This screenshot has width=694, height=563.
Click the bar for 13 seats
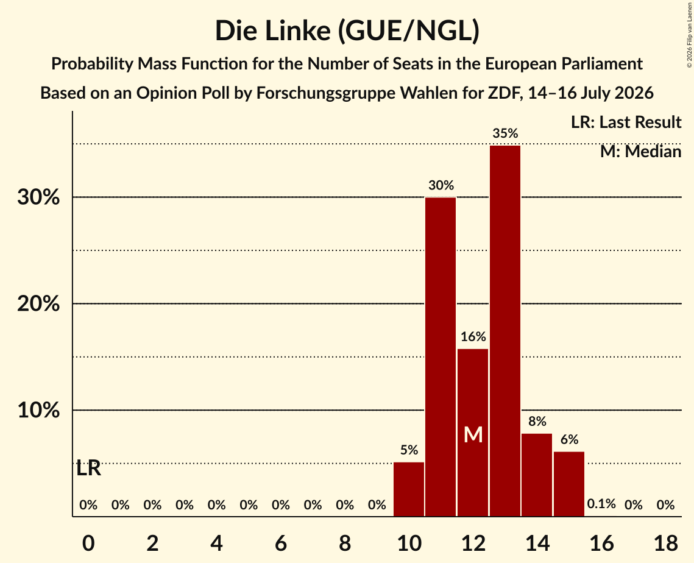505,331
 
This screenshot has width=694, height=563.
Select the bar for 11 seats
441,356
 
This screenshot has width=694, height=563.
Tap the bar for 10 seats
409,489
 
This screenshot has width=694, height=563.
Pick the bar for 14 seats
537,475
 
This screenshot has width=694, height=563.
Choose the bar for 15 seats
569,484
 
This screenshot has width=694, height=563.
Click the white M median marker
473,434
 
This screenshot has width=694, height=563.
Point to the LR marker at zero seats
88,469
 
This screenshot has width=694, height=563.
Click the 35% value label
505,133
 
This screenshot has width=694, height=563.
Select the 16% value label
473,337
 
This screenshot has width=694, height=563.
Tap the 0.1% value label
601,504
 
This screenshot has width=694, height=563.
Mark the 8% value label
537,422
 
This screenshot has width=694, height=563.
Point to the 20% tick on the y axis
38,303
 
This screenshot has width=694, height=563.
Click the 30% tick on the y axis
38,197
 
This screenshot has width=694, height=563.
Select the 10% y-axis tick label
38,410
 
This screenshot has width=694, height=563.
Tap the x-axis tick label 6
281,543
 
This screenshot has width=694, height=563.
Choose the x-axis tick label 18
666,543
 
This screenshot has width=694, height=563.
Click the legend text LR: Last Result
626,122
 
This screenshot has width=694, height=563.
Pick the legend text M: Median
640,152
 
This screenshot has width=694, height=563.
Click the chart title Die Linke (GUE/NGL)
347,31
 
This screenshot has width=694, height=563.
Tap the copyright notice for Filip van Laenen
689,35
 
